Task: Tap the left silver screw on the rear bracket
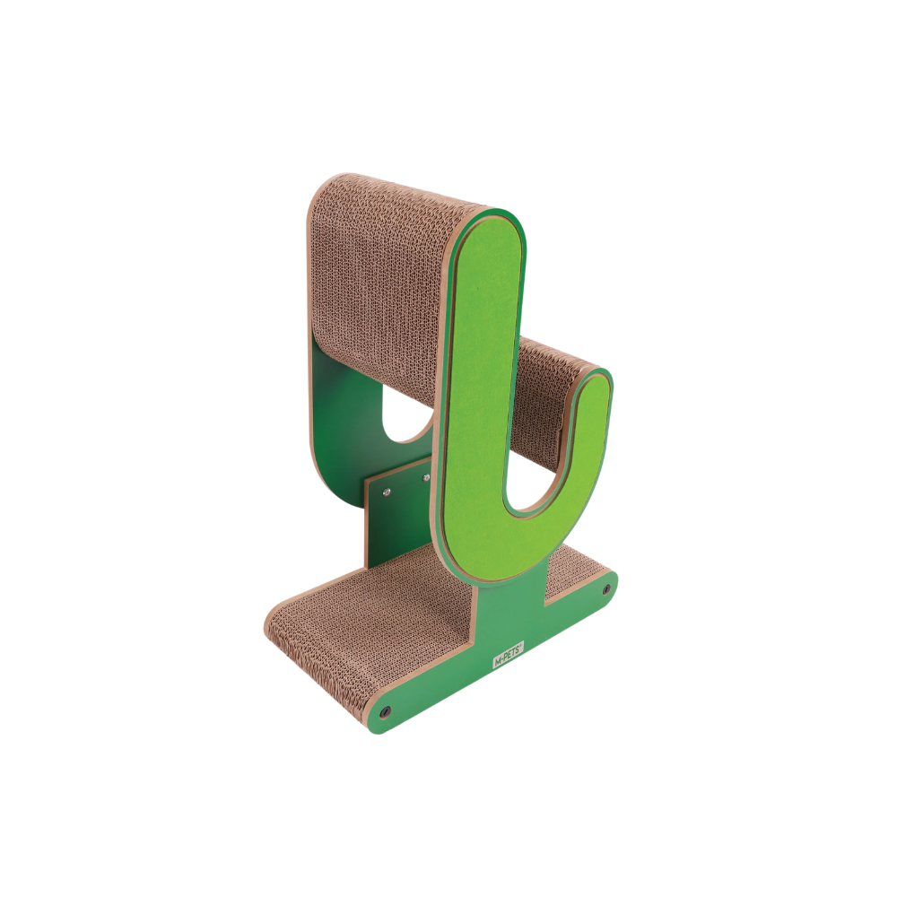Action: coord(387,491)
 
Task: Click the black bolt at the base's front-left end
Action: coord(385,710)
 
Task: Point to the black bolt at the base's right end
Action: coord(606,589)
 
